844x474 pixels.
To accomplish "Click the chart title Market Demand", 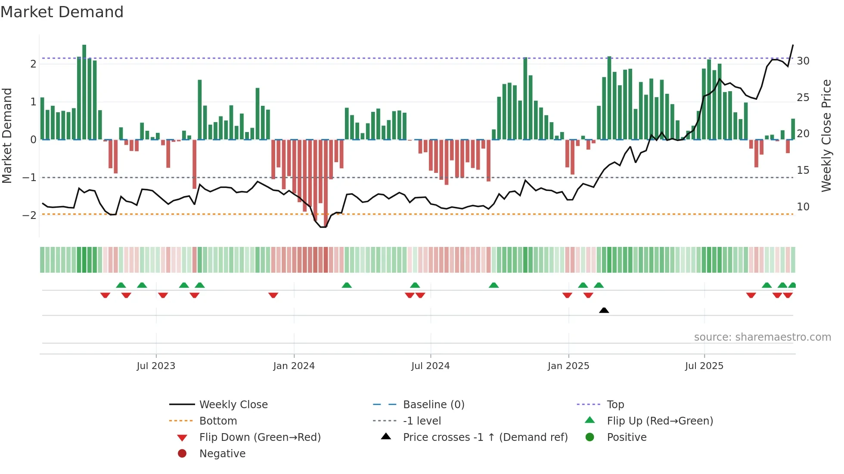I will pyautogui.click(x=62, y=12).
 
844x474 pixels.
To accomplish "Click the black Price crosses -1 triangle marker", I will pyautogui.click(x=604, y=310).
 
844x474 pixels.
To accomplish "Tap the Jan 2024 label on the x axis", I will pyautogui.click(x=294, y=366).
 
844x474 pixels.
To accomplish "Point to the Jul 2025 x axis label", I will pyautogui.click(x=704, y=366).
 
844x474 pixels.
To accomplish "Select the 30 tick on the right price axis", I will pyautogui.click(x=803, y=61).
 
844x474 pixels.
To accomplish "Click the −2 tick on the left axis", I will pyautogui.click(x=30, y=215).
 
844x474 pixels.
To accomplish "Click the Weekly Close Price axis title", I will pyautogui.click(x=826, y=135).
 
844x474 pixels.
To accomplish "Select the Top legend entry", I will pyautogui.click(x=615, y=405).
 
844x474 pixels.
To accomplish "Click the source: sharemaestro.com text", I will pyautogui.click(x=762, y=337).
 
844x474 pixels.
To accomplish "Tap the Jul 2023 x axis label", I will pyautogui.click(x=156, y=366).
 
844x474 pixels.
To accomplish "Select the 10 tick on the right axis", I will pyautogui.click(x=803, y=207).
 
